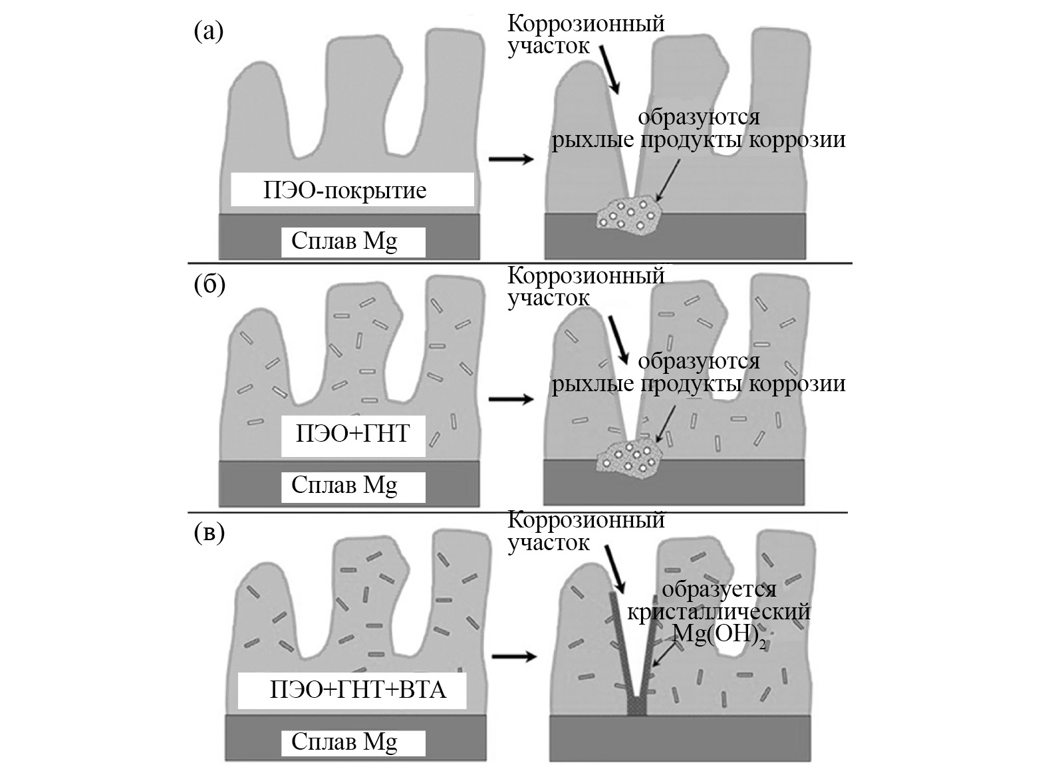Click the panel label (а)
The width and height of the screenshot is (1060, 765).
click(x=208, y=31)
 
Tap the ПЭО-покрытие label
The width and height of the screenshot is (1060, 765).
click(x=344, y=191)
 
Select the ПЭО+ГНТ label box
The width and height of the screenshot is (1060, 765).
click(x=352, y=434)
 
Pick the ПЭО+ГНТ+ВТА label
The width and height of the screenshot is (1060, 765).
click(x=358, y=689)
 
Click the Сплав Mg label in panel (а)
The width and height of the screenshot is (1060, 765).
click(x=344, y=241)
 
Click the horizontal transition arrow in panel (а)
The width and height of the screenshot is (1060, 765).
click(x=511, y=159)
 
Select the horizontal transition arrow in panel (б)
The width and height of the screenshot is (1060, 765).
click(x=511, y=399)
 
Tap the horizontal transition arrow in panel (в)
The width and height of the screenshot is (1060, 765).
click(x=513, y=657)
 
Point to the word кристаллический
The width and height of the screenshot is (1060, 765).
click(x=719, y=611)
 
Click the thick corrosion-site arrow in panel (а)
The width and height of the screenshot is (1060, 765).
click(x=609, y=69)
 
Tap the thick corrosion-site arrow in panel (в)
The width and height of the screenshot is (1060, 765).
click(x=614, y=568)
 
